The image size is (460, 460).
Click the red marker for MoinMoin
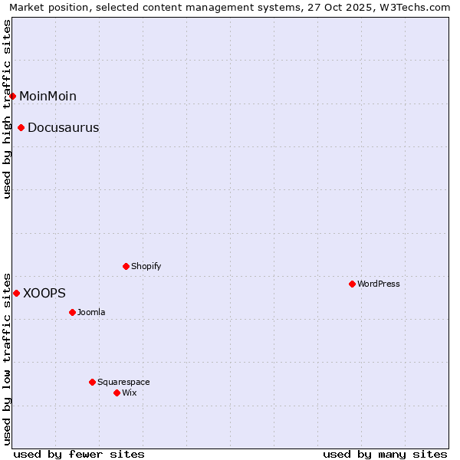tap(13, 96)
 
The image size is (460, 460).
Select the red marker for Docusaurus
tap(21, 127)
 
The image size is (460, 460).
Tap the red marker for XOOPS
tap(16, 293)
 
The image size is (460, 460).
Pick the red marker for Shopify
tap(127, 266)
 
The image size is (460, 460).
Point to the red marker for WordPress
tap(352, 284)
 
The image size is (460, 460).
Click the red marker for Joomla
tap(73, 312)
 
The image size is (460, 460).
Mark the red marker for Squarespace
tap(93, 382)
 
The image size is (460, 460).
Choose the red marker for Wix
tap(117, 393)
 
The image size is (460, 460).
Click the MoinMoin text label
tap(48, 96)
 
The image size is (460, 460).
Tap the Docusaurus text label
tap(63, 127)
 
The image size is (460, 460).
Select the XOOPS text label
tap(44, 293)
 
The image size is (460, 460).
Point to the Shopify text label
tap(146, 266)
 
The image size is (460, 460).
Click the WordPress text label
tap(379, 284)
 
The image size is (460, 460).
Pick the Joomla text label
tap(91, 312)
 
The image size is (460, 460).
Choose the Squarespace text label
tap(123, 382)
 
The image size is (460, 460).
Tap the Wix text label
tap(130, 393)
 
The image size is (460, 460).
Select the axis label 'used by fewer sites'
tap(79, 454)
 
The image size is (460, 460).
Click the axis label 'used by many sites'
tap(385, 454)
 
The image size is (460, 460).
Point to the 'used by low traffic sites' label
tap(8, 358)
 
